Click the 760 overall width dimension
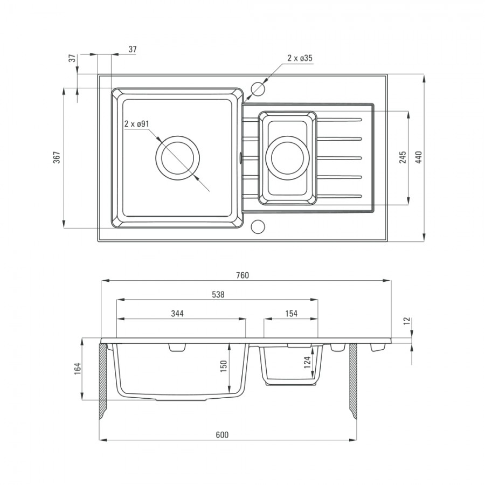[x=242, y=275]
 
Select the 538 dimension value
[x=218, y=295]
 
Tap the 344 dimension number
[x=177, y=314]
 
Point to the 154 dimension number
[x=291, y=314]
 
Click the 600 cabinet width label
[x=222, y=435]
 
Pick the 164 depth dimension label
[x=77, y=369]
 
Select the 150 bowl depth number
[x=224, y=366]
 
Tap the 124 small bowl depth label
[x=307, y=363]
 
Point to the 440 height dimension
[x=419, y=157]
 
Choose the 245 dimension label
[x=403, y=157]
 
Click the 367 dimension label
[x=57, y=157]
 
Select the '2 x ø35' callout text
[x=300, y=58]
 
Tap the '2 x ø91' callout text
[x=137, y=124]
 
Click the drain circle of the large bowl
[x=177, y=158]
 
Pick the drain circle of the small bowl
[x=287, y=158]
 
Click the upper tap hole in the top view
[x=258, y=89]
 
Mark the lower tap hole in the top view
[x=258, y=226]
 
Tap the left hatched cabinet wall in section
[x=103, y=380]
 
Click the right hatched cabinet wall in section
[x=353, y=380]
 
